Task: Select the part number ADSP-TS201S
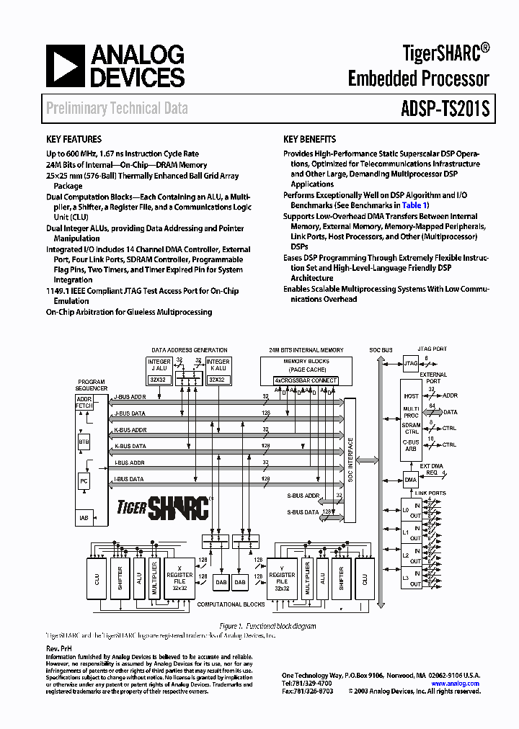pyautogui.click(x=445, y=109)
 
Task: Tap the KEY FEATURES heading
pyautogui.click(x=74, y=139)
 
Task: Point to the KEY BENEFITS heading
pyautogui.click(x=310, y=139)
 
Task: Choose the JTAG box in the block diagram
pyautogui.click(x=411, y=364)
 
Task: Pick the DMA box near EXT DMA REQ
pyautogui.click(x=411, y=479)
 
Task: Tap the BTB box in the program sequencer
pyautogui.click(x=84, y=442)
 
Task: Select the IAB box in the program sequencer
pyautogui.click(x=84, y=517)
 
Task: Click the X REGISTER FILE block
pyautogui.click(x=179, y=578)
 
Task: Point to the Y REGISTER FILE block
pyautogui.click(x=282, y=578)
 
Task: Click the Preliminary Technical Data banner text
pyautogui.click(x=117, y=109)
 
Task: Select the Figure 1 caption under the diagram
pyautogui.click(x=267, y=626)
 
